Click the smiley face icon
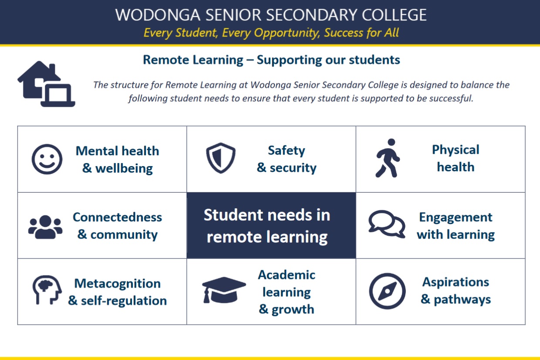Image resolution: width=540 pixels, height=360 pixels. pyautogui.click(x=47, y=159)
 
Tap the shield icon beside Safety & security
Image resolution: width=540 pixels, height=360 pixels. pyautogui.click(x=221, y=158)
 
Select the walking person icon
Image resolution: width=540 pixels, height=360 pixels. pyautogui.click(x=388, y=158)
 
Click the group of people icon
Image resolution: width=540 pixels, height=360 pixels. pyautogui.click(x=45, y=227)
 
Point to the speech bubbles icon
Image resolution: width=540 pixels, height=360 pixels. pyautogui.click(x=387, y=224)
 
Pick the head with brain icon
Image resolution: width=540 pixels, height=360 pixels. pyautogui.click(x=47, y=290)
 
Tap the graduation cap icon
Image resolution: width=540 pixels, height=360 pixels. pyautogui.click(x=224, y=290)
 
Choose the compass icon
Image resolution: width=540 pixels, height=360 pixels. pyautogui.click(x=387, y=291)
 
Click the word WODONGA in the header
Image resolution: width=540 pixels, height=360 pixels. pyautogui.click(x=158, y=15)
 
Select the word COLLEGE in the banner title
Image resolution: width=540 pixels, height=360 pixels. pyautogui.click(x=394, y=15)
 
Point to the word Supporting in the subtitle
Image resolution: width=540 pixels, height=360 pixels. pyautogui.click(x=289, y=60)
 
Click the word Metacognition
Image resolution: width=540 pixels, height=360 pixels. pyautogui.click(x=118, y=284)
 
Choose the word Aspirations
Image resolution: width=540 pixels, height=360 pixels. pyautogui.click(x=456, y=282)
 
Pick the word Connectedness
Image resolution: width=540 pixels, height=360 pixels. pyautogui.click(x=118, y=217)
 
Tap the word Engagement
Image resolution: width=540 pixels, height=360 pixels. pyautogui.click(x=456, y=217)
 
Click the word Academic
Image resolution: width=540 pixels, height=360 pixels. pyautogui.click(x=287, y=275)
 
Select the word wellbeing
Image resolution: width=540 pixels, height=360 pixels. pyautogui.click(x=124, y=168)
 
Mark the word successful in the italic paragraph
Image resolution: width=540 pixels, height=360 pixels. pyautogui.click(x=445, y=98)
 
